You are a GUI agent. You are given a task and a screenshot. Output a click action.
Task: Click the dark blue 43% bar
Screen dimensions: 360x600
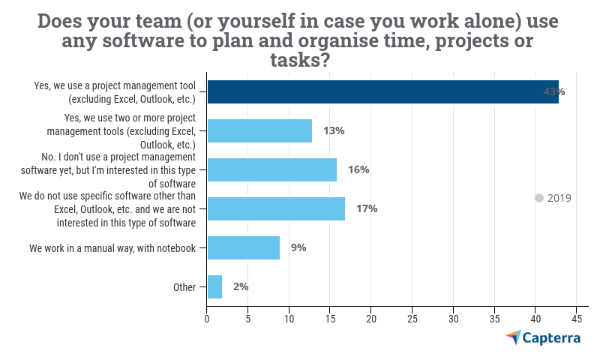(x=382, y=91)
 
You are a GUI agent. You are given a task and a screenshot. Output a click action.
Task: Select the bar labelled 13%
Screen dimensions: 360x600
(x=259, y=130)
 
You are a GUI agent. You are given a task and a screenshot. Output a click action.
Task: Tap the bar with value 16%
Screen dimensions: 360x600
(x=271, y=169)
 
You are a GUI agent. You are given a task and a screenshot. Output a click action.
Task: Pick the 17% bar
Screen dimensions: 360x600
(x=276, y=208)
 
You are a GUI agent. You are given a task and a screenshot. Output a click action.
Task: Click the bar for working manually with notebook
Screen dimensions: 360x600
(x=243, y=247)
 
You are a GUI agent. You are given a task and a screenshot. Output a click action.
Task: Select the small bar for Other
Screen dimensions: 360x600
(x=214, y=286)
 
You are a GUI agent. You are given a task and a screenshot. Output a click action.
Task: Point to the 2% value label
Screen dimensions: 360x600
(x=241, y=286)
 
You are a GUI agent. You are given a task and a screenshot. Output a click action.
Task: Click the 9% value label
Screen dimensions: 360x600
(x=298, y=247)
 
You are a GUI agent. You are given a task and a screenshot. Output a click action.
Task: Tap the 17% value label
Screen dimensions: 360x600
(x=367, y=208)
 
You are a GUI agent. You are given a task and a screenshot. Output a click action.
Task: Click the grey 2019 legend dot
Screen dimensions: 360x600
(x=538, y=198)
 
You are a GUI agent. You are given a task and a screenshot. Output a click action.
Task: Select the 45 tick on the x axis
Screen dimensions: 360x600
(x=577, y=319)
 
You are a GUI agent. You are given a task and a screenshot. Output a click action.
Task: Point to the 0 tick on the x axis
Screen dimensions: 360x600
(x=207, y=319)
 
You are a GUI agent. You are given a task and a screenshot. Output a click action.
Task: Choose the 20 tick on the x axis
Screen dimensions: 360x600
(x=371, y=319)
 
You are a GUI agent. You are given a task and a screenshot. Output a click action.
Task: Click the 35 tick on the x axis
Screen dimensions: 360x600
(x=494, y=319)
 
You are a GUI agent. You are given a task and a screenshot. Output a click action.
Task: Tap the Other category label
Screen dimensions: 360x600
(x=184, y=286)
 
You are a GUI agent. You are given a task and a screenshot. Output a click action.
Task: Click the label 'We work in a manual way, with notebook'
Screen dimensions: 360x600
(x=112, y=247)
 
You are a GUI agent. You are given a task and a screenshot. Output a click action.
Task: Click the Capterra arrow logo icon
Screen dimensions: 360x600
(x=513, y=337)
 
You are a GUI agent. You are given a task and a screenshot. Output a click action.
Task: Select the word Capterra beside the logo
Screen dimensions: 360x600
(x=552, y=338)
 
